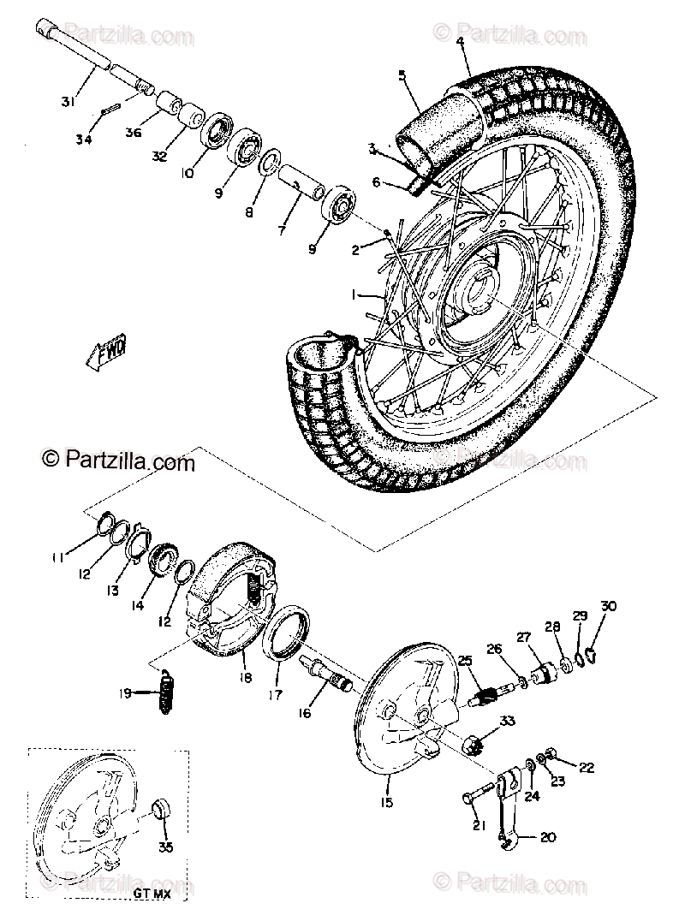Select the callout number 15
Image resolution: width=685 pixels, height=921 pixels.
pyautogui.click(x=386, y=802)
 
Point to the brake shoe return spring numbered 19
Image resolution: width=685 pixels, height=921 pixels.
pyautogui.click(x=164, y=686)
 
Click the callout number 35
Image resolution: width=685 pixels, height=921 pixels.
pyautogui.click(x=166, y=847)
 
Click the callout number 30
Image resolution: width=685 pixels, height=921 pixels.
pyautogui.click(x=608, y=606)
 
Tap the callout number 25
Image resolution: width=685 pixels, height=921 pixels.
pyautogui.click(x=465, y=661)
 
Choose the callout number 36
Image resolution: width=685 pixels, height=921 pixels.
pyautogui.click(x=133, y=132)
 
